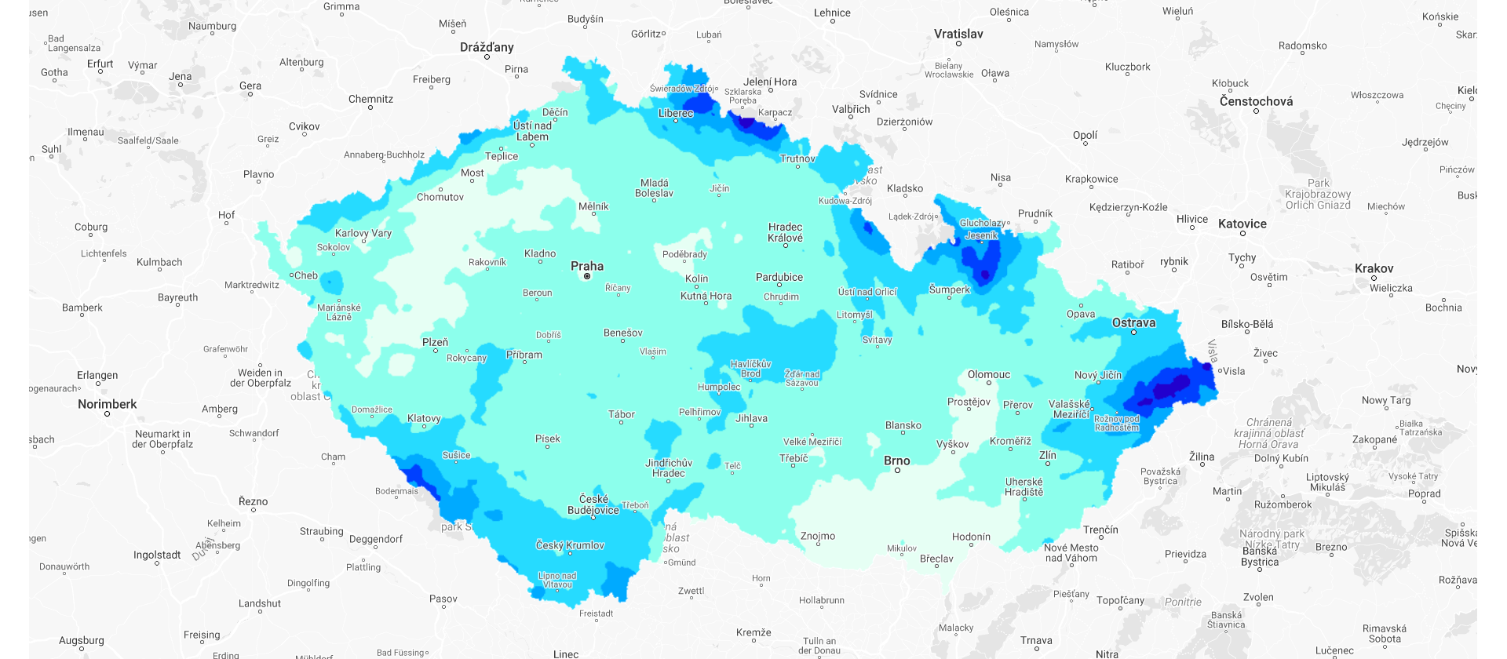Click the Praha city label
point(587,266)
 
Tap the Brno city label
point(896,461)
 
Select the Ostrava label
point(1133,322)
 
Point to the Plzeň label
point(435,342)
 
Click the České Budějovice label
point(593,504)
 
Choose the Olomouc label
point(988,374)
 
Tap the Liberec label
point(676,113)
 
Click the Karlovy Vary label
point(363,233)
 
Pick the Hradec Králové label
point(785,232)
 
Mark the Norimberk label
point(107,404)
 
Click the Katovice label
point(1242,224)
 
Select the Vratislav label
point(958,34)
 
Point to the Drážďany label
point(487,47)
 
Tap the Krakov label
point(1374,268)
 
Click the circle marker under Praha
point(587,276)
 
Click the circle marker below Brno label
point(897,471)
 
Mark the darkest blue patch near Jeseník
point(985,275)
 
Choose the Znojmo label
point(817,536)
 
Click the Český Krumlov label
point(570,545)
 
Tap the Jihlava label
point(751,418)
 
